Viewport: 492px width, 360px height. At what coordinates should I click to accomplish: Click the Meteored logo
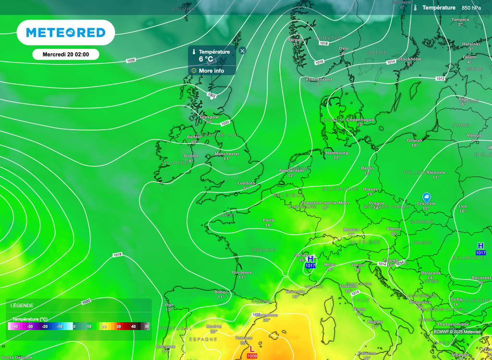66,33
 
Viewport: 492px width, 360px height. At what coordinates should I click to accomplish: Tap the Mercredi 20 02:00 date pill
66,54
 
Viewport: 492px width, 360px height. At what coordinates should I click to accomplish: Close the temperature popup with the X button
242,50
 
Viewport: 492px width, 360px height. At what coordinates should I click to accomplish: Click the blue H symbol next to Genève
310,259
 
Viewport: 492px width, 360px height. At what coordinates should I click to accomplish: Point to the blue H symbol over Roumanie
480,246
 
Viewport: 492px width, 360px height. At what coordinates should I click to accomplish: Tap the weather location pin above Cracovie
426,197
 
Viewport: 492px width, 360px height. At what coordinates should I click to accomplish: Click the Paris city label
268,220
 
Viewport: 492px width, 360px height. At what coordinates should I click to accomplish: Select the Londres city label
246,183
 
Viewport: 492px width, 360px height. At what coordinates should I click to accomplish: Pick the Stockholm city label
409,59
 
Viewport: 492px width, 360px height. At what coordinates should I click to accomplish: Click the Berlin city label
367,168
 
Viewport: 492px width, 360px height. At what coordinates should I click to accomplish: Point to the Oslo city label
344,48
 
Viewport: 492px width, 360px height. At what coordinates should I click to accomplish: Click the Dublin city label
191,156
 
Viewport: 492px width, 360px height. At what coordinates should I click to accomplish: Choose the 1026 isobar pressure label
131,60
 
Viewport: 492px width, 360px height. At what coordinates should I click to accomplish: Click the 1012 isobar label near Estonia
440,78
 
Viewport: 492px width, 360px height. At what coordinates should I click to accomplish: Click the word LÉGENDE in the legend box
22,305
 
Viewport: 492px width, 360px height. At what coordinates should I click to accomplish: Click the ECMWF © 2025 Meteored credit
457,332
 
